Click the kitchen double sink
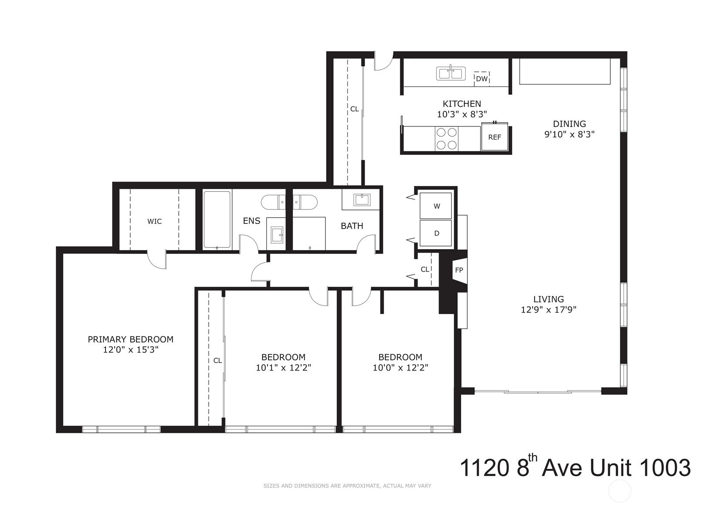[450, 73]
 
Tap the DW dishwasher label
[481, 79]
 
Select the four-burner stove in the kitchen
[447, 139]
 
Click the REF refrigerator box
[495, 137]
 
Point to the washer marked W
[436, 206]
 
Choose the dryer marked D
[436, 233]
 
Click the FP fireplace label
[459, 270]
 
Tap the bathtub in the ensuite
[217, 220]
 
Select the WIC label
[154, 221]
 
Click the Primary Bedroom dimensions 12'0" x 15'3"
[131, 350]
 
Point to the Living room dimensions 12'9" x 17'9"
[549, 310]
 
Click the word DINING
[570, 124]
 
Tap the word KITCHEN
[462, 104]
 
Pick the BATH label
[352, 226]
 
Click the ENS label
[252, 221]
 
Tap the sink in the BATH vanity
[362, 199]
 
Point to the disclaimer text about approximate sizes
[347, 486]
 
